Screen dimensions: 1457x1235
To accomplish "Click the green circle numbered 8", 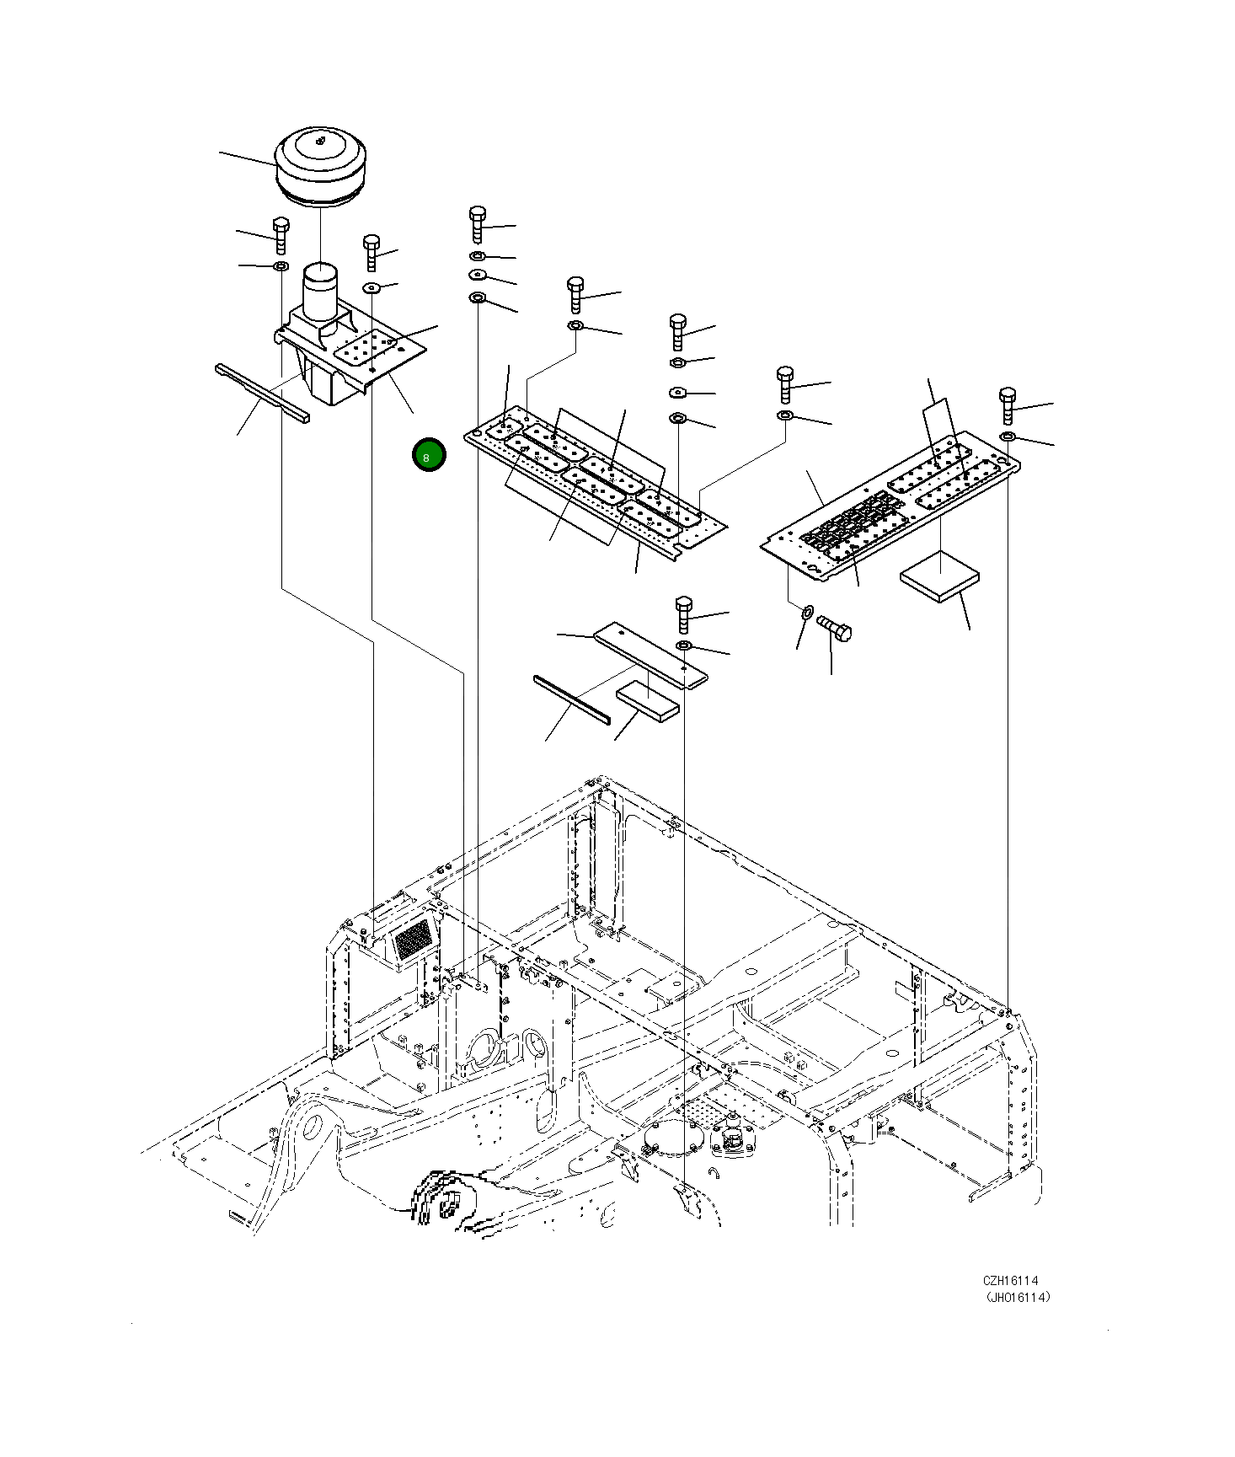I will [429, 455].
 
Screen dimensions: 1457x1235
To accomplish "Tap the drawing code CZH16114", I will [1010, 1280].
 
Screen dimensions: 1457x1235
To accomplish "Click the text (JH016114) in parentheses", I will [1018, 1298].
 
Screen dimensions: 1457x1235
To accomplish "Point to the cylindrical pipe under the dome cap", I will [320, 291].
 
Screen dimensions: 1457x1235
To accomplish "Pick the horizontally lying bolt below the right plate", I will [834, 628].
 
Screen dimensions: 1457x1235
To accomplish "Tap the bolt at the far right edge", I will [1008, 405].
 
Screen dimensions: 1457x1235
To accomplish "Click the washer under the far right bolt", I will [1008, 437].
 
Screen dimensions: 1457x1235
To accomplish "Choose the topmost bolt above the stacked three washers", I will [477, 222].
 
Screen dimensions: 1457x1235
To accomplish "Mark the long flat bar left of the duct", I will [262, 392].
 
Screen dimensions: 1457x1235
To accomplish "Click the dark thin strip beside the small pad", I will [571, 699].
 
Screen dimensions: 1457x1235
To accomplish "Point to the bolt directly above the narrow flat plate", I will [683, 613].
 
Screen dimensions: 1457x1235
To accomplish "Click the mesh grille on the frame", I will [413, 938].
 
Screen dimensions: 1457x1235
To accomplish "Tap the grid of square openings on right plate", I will [851, 522].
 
